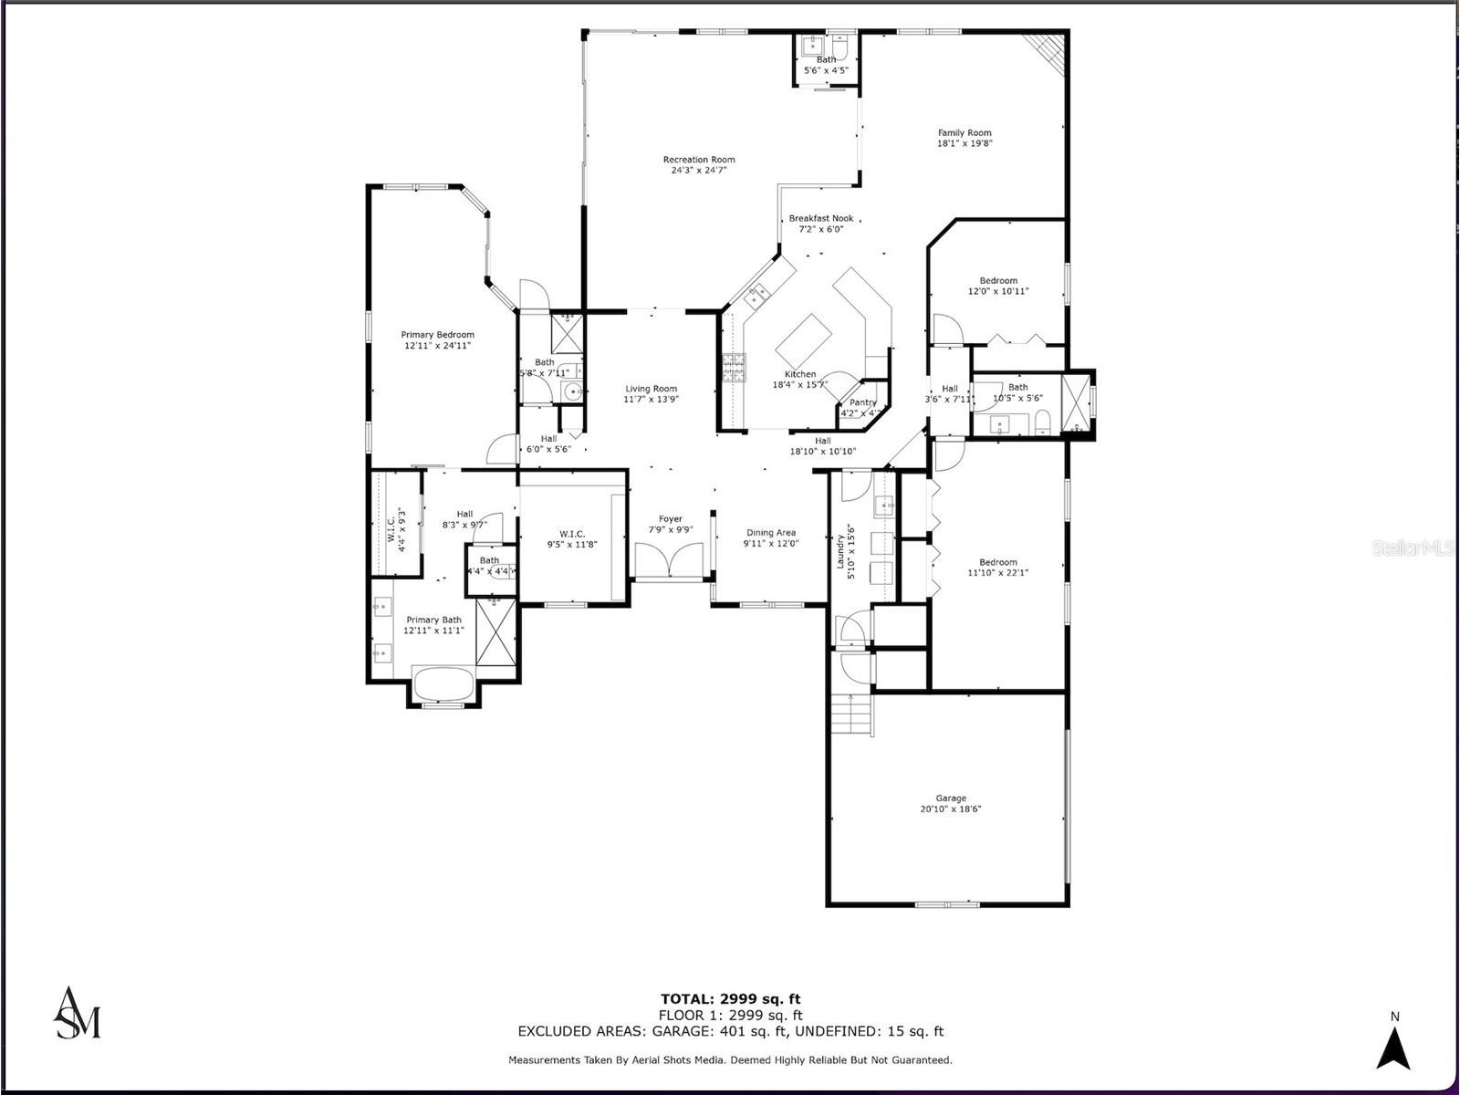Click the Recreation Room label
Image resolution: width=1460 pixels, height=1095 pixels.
tap(699, 160)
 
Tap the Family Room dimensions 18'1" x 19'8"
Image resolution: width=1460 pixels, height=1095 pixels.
tap(965, 143)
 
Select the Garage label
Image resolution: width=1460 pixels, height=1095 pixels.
tap(950, 798)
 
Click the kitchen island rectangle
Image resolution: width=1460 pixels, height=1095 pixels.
tap(805, 339)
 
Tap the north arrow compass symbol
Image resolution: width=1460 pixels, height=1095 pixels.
tap(1393, 1048)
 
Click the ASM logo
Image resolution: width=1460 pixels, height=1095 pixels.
tap(78, 1013)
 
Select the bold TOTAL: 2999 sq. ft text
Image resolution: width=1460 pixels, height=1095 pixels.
tap(730, 998)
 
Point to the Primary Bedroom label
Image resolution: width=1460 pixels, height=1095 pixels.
tap(437, 335)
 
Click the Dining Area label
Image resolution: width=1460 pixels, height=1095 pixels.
tap(771, 532)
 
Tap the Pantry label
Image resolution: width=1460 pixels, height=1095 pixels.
tap(862, 402)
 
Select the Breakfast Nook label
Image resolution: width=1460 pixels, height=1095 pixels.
tap(821, 218)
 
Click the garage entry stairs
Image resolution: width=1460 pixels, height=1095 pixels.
tap(851, 714)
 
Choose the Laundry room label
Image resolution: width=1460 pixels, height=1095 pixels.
tap(841, 546)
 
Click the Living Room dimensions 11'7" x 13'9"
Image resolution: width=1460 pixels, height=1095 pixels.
tap(651, 400)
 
